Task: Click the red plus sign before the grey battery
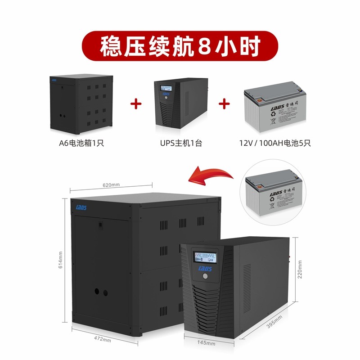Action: tap(224, 104)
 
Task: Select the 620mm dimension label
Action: tap(111, 185)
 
